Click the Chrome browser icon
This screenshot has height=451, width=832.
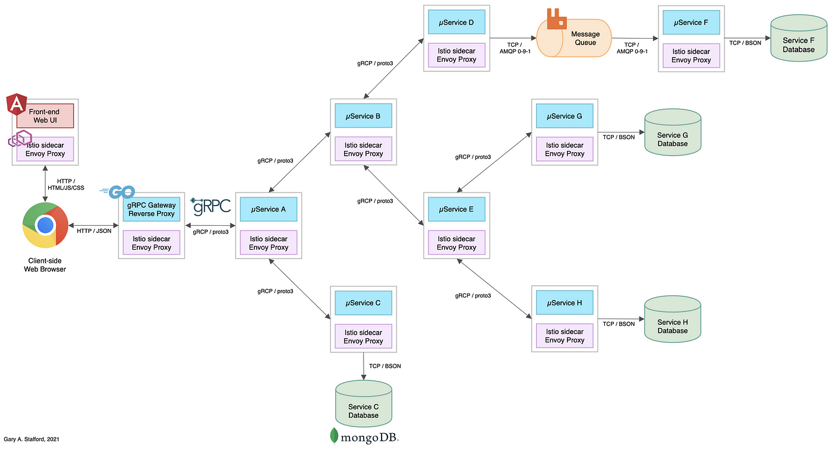(x=45, y=225)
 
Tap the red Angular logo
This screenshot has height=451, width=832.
(x=17, y=104)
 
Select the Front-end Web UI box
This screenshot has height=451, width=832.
(x=45, y=116)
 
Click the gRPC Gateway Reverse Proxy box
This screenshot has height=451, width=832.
(x=152, y=209)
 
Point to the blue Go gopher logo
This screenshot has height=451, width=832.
(x=118, y=192)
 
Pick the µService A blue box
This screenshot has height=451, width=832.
(x=269, y=209)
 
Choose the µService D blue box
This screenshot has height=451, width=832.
(x=456, y=23)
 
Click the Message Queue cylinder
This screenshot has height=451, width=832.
(x=574, y=38)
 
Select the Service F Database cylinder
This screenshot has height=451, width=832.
(x=799, y=38)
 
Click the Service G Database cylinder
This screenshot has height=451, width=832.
(x=673, y=132)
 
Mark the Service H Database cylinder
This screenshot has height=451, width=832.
(x=673, y=319)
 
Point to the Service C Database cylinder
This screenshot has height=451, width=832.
(x=364, y=403)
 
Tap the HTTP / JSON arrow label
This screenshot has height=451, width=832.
(x=94, y=231)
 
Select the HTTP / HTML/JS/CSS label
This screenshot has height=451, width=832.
(x=66, y=185)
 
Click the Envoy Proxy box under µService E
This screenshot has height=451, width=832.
(x=456, y=243)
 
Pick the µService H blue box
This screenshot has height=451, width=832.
(x=565, y=303)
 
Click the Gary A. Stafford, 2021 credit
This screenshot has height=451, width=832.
(x=31, y=439)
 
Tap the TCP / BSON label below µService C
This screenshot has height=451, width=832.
(x=385, y=366)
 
